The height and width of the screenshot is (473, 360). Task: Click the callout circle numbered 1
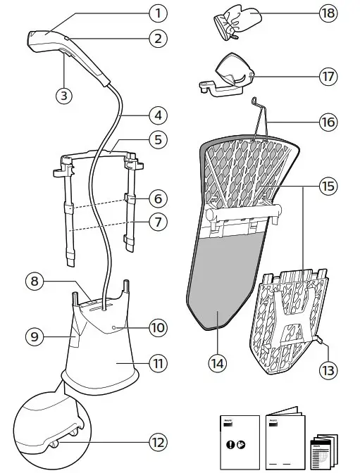click(x=158, y=13)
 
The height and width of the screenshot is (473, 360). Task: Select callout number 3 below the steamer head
click(x=64, y=96)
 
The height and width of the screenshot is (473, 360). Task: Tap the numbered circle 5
click(x=158, y=139)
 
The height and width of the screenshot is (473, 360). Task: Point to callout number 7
click(x=158, y=222)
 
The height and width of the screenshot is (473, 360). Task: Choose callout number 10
click(x=158, y=327)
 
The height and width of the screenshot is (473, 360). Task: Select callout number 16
click(x=326, y=122)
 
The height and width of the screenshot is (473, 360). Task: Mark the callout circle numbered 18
click(x=326, y=13)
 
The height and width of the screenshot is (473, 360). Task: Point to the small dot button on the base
click(x=113, y=327)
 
